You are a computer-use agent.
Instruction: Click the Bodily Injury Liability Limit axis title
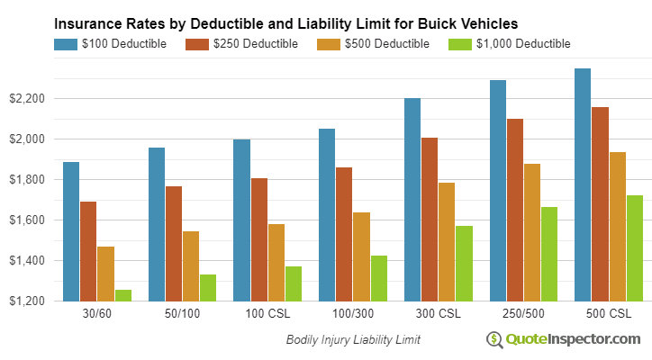pos(353,339)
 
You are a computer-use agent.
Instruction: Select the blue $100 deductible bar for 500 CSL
pos(583,184)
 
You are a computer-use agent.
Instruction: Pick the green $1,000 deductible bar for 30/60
pos(122,295)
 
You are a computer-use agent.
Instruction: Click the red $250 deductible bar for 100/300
pos(344,234)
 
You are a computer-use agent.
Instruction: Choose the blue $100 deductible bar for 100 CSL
pos(241,220)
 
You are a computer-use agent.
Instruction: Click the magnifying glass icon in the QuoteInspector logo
pos(494,339)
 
